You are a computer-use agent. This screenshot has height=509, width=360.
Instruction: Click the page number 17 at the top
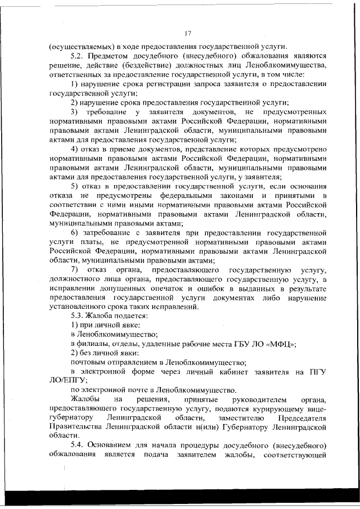[x=188, y=33]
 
